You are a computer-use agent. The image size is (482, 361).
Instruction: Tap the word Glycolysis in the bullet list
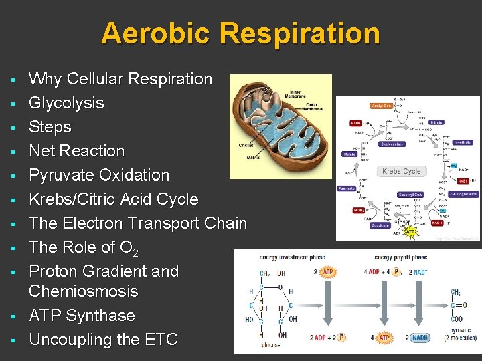click(66, 103)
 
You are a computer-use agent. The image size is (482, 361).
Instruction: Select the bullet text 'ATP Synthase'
click(82, 316)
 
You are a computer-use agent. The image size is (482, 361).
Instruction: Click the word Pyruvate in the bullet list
click(61, 175)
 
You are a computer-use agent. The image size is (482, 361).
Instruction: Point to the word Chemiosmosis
click(84, 291)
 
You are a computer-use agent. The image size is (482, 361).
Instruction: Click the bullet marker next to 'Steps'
click(13, 128)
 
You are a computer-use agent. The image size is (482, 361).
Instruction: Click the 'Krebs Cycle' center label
click(401, 172)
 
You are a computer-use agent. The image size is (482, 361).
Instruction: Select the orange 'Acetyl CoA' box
click(382, 106)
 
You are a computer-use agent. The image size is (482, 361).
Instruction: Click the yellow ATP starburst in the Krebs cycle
click(410, 233)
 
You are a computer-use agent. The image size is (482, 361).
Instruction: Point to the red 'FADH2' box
click(358, 210)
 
